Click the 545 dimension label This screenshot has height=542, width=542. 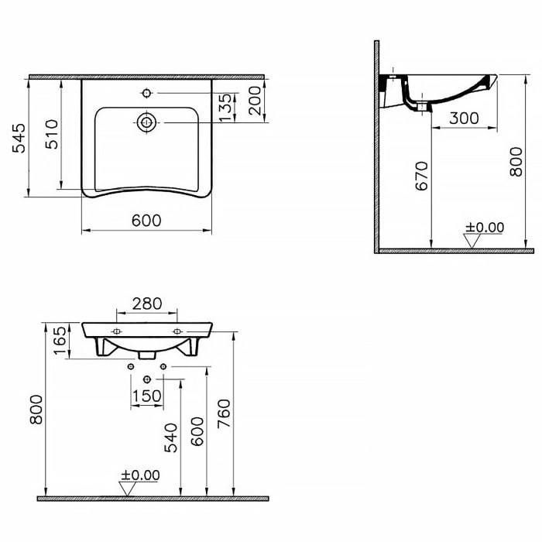pos(19,137)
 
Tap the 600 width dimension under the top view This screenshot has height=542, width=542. pos(146,221)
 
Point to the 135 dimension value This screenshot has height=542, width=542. pos(225,108)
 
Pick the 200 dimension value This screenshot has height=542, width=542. pos(253,101)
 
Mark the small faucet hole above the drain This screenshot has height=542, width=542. pos(146,94)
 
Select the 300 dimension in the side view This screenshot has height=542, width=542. pos(464,118)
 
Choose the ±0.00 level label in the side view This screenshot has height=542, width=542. pos(484,227)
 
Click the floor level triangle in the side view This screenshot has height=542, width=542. pos(471,242)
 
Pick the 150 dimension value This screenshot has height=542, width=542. pos(146,396)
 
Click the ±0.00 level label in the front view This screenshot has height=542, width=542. pos(140,475)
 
